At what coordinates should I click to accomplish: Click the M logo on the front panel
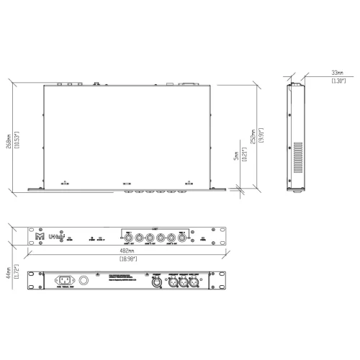coord(38,235)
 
